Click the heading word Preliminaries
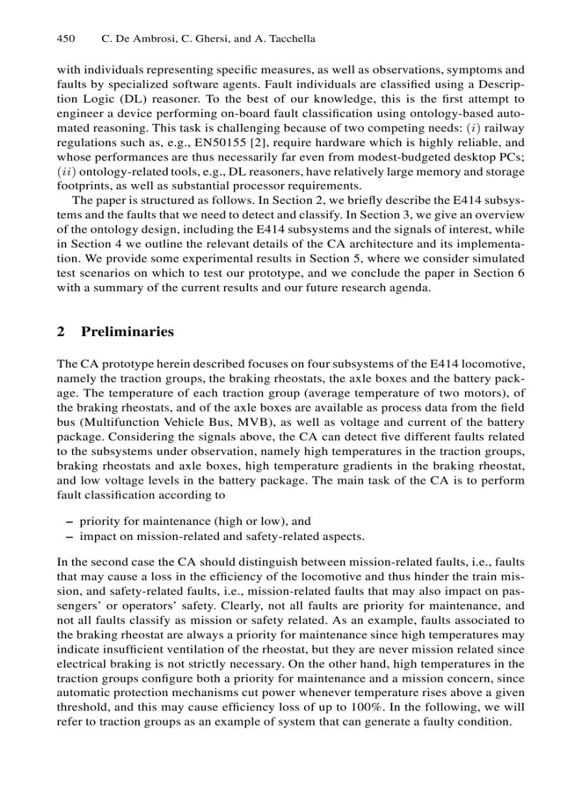pos(128,332)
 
